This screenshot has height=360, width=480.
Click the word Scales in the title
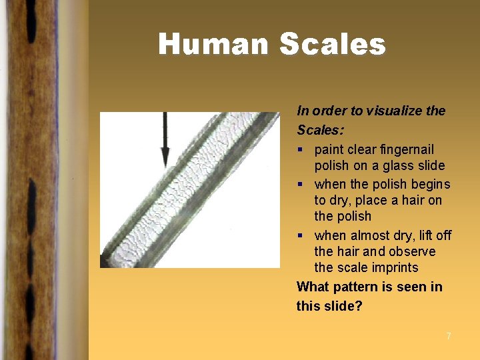333,45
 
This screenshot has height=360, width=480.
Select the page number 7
449,336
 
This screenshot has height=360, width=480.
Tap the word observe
413,251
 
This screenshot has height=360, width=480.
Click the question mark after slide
359,306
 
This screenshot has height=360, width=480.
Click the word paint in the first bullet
329,149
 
